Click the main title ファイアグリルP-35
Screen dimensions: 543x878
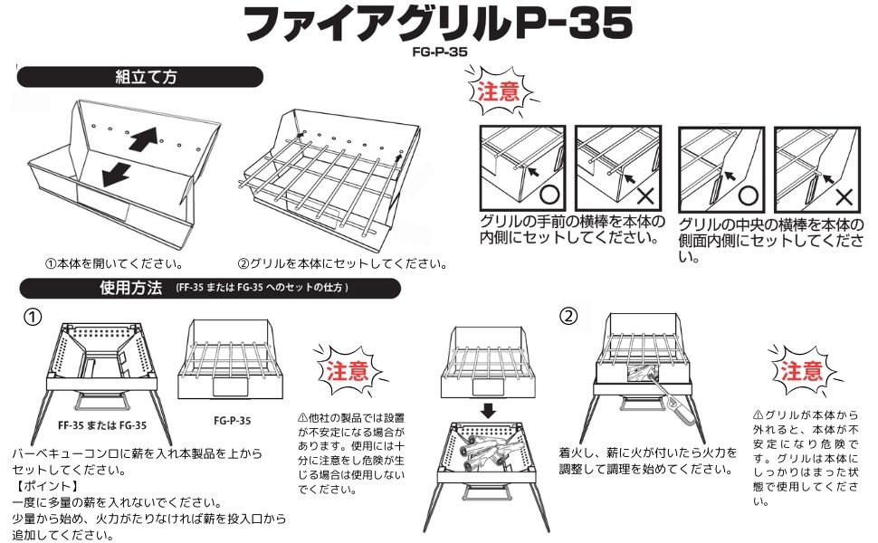438,25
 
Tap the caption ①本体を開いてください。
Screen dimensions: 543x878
114,264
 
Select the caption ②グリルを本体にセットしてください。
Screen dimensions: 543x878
342,264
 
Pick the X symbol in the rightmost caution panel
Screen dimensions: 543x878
843,195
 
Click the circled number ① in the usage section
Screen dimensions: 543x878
33,318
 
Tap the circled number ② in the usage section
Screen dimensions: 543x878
568,317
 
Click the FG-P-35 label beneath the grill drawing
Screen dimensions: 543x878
232,420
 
